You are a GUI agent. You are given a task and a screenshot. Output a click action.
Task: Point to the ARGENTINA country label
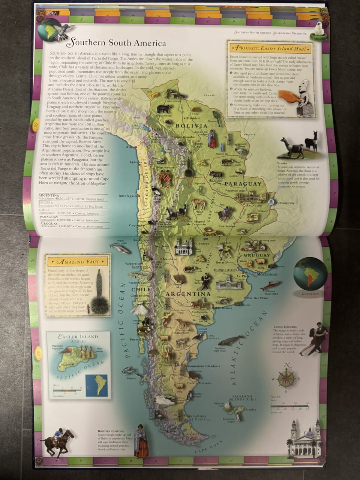pyautogui.click(x=188, y=294)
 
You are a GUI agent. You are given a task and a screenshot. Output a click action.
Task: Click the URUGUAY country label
pyautogui.click(x=257, y=255)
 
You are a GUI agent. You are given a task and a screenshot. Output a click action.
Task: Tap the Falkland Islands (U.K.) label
pyautogui.click(x=242, y=398)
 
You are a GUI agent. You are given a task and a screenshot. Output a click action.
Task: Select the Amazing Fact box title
pyautogui.click(x=78, y=261)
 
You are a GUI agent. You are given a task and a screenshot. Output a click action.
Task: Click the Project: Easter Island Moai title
pyautogui.click(x=271, y=48)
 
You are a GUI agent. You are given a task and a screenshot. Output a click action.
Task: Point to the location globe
pyautogui.click(x=310, y=273)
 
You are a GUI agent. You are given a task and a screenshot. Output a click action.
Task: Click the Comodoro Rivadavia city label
pyautogui.click(x=204, y=366)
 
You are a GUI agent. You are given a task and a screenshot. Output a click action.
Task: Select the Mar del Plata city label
pyautogui.click(x=257, y=298)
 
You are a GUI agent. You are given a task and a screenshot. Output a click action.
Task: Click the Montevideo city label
pyautogui.click(x=267, y=274)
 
